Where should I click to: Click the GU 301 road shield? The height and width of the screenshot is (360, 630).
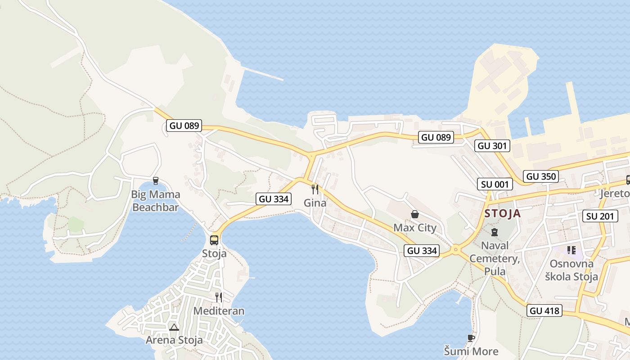(x=492, y=146)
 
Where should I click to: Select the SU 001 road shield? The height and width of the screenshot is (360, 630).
(x=495, y=184)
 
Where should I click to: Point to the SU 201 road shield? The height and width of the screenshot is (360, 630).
(x=600, y=216)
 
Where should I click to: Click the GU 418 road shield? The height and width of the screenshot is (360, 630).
(x=544, y=310)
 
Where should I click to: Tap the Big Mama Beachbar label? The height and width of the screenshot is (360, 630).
(x=155, y=201)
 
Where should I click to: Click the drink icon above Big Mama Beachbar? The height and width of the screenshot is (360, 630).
(x=156, y=181)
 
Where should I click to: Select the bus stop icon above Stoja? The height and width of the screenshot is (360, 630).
(x=214, y=240)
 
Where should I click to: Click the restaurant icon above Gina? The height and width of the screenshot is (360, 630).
(x=315, y=189)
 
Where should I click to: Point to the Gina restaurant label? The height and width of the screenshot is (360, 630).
(x=315, y=203)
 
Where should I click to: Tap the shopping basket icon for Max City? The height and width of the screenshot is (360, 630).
(x=415, y=214)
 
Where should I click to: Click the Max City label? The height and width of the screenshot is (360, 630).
(x=415, y=228)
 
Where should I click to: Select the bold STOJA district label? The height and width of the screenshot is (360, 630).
(x=503, y=213)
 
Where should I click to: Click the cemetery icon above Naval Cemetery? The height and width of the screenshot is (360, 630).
(x=495, y=232)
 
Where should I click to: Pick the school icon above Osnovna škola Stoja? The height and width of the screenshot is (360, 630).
(x=571, y=250)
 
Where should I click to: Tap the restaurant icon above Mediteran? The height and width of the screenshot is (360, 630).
(x=219, y=297)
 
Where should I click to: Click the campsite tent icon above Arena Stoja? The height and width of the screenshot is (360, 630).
(x=174, y=327)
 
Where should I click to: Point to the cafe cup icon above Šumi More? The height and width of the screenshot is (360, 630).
(x=471, y=338)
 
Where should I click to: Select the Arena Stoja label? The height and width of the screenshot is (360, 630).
(x=174, y=340)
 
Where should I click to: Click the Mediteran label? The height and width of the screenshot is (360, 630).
(x=219, y=311)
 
